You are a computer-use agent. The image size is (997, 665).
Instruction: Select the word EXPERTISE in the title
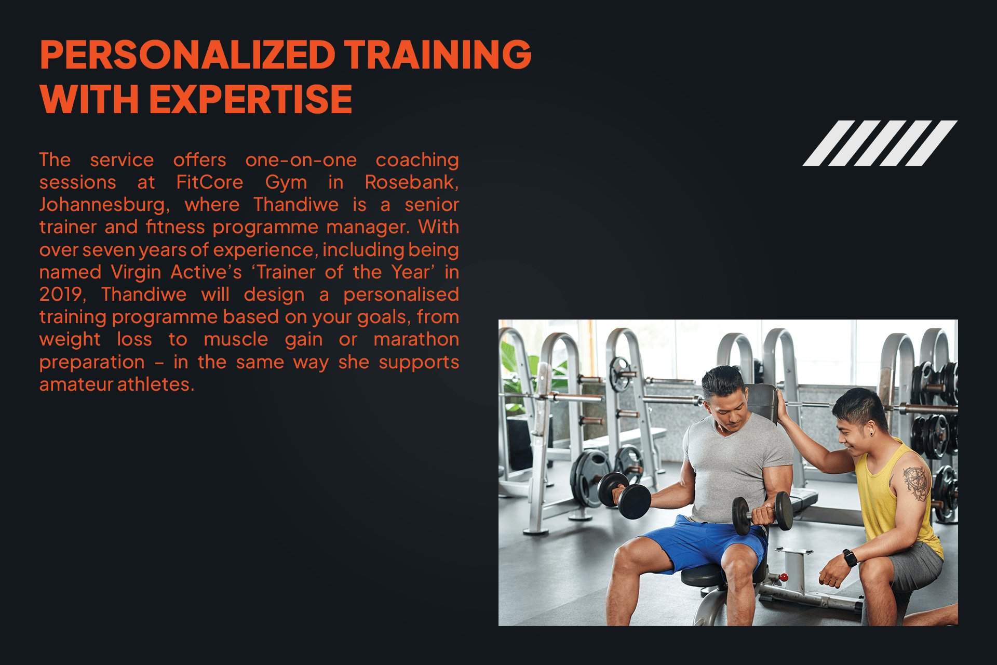click(x=251, y=99)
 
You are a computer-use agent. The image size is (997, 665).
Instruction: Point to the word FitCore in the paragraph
click(x=209, y=182)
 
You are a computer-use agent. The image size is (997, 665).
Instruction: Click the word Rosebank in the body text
click(x=411, y=182)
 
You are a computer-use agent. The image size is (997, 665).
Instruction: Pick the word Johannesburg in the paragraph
click(x=104, y=205)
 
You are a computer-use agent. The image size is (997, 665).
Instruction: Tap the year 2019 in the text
click(x=61, y=295)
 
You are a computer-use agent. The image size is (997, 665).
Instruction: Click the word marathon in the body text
click(x=416, y=339)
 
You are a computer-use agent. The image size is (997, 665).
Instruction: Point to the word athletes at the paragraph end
click(x=155, y=384)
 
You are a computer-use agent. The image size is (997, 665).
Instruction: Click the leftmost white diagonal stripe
click(x=829, y=143)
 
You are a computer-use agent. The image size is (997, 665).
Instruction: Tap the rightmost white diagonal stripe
click(x=932, y=143)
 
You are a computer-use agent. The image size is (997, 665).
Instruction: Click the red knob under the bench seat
click(x=784, y=577)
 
